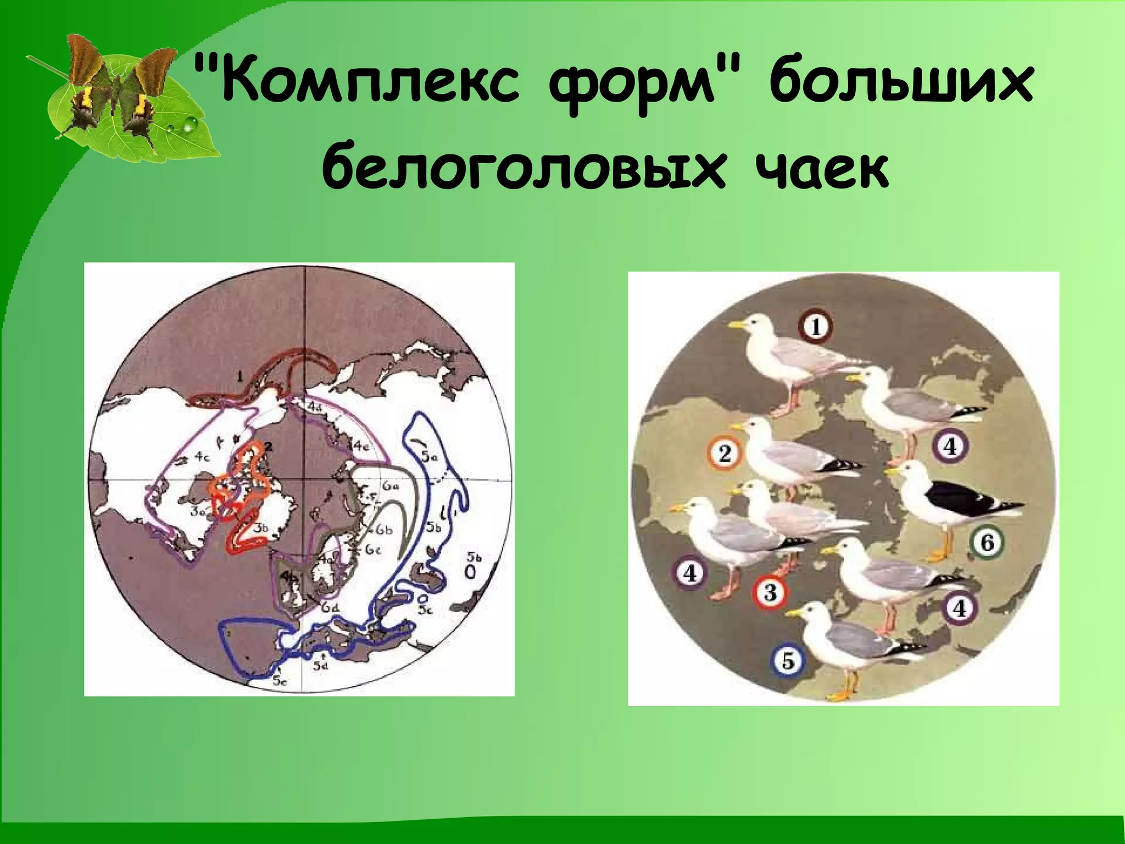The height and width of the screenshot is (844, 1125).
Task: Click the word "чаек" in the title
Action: tap(818, 165)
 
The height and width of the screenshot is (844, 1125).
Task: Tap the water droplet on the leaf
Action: tap(189, 125)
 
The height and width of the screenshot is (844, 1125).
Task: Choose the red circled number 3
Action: tap(770, 592)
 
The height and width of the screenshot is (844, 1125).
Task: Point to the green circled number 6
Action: tap(987, 543)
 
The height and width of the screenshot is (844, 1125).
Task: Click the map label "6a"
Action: tap(391, 486)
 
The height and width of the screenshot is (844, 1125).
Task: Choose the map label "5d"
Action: tap(321, 666)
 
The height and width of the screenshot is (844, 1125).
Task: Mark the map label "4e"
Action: tap(360, 446)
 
